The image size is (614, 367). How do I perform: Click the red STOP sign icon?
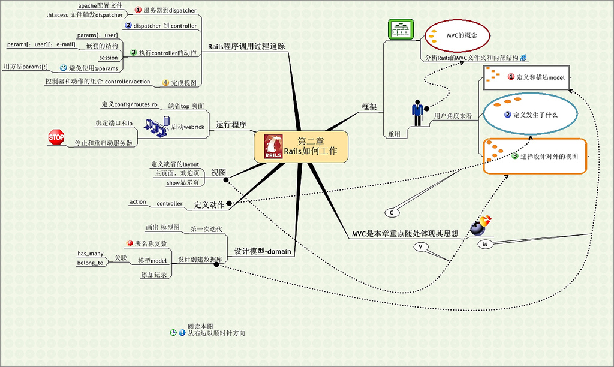56,137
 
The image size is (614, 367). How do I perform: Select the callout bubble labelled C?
392,213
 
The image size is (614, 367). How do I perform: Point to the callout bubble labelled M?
485,244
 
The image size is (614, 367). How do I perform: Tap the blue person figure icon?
417,112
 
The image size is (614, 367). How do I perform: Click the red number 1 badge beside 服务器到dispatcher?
137,10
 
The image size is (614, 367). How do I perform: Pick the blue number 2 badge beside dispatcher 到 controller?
128,26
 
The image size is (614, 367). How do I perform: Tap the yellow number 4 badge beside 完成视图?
166,82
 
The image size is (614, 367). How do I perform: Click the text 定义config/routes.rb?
130,104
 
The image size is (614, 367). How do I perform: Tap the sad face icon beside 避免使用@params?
63,68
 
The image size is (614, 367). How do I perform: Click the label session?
109,58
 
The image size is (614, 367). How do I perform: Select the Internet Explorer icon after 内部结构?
523,57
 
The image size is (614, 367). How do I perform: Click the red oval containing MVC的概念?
458,35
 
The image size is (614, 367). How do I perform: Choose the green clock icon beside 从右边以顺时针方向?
174,333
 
